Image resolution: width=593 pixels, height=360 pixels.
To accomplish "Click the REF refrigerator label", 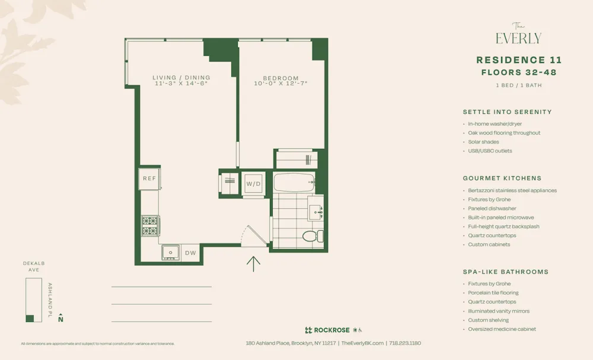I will [x=149, y=179].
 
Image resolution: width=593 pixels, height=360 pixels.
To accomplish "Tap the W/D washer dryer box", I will [x=253, y=184].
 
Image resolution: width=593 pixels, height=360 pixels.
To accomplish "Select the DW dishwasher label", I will [x=190, y=253].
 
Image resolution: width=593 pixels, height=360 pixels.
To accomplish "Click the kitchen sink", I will [x=171, y=253].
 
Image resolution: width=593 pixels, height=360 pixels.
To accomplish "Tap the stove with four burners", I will [x=150, y=226].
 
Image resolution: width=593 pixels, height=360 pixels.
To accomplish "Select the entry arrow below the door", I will [x=253, y=263].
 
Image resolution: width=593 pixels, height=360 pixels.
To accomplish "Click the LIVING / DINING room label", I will [x=181, y=78].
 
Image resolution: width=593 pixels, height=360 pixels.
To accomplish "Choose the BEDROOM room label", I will [x=281, y=78].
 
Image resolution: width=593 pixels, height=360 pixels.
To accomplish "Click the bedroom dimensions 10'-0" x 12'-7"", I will [x=281, y=84].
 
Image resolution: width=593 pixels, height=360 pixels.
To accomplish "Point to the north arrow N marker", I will [x=60, y=318].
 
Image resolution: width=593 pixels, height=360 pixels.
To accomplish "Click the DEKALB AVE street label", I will [x=34, y=266].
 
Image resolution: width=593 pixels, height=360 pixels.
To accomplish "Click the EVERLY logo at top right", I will [x=518, y=36].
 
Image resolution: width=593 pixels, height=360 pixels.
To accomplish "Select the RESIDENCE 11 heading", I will [x=519, y=60].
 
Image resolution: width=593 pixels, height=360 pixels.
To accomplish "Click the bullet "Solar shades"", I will [x=483, y=142].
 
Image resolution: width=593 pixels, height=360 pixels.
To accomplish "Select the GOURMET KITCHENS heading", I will [x=502, y=178].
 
